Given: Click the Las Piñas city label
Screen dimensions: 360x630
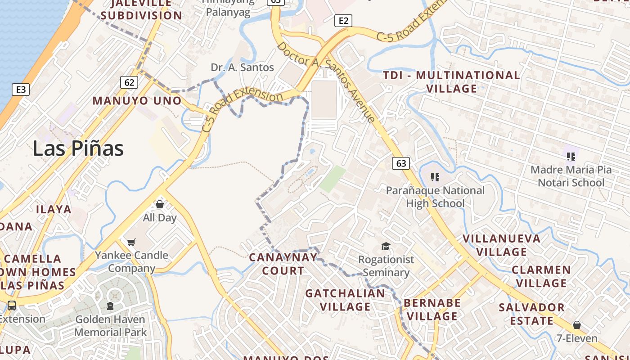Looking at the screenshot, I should (78, 148).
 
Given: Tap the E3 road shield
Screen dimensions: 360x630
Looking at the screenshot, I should (21, 89).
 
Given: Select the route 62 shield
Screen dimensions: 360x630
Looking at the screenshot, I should (129, 82).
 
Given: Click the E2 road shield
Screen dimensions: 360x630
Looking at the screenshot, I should (343, 20).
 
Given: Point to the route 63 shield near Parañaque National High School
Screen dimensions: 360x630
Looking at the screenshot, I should (401, 163).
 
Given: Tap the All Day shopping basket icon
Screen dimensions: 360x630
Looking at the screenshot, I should (159, 205).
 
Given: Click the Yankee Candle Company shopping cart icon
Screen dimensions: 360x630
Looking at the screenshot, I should (131, 243).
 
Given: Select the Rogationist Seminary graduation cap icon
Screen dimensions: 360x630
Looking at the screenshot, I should (386, 246).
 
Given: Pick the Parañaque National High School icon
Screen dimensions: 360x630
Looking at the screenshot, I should (435, 177).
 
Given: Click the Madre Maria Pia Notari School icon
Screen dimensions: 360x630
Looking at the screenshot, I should (571, 157).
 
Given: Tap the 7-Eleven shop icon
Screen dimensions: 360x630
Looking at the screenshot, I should (577, 325).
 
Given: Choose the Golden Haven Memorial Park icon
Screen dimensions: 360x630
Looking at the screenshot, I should (110, 306).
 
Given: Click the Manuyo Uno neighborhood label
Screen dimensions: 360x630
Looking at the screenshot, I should (137, 100).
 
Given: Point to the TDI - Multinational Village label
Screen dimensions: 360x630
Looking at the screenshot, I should (451, 81).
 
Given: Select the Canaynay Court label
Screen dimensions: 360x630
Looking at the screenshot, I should (283, 264).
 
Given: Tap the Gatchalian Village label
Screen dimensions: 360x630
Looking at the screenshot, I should (345, 300).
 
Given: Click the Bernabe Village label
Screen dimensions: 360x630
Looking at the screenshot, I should (432, 309).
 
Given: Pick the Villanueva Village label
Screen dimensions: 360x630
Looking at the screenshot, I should (502, 245).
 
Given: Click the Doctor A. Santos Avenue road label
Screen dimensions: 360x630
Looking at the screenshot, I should (326, 82).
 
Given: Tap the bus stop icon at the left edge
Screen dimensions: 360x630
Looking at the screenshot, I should (12, 306).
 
